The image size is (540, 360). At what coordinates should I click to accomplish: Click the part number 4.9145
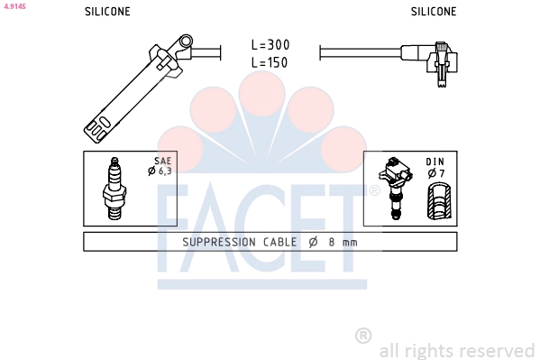pyautogui.click(x=15, y=6)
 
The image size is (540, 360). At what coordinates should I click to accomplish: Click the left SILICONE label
pyautogui.click(x=107, y=12)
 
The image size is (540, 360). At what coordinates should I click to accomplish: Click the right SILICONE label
pyautogui.click(x=434, y=12)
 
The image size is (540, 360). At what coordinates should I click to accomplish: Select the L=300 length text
pyautogui.click(x=270, y=44)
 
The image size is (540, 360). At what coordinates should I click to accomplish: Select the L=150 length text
pyautogui.click(x=270, y=62)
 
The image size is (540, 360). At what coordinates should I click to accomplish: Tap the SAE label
pyautogui.click(x=162, y=161)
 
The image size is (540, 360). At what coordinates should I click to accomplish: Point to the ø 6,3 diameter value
pyautogui.click(x=160, y=171)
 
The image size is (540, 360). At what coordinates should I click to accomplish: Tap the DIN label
pyautogui.click(x=435, y=162)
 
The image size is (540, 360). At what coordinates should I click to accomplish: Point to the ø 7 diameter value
pyautogui.click(x=436, y=173)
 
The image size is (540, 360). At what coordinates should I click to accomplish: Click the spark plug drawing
pyautogui.click(x=114, y=189)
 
